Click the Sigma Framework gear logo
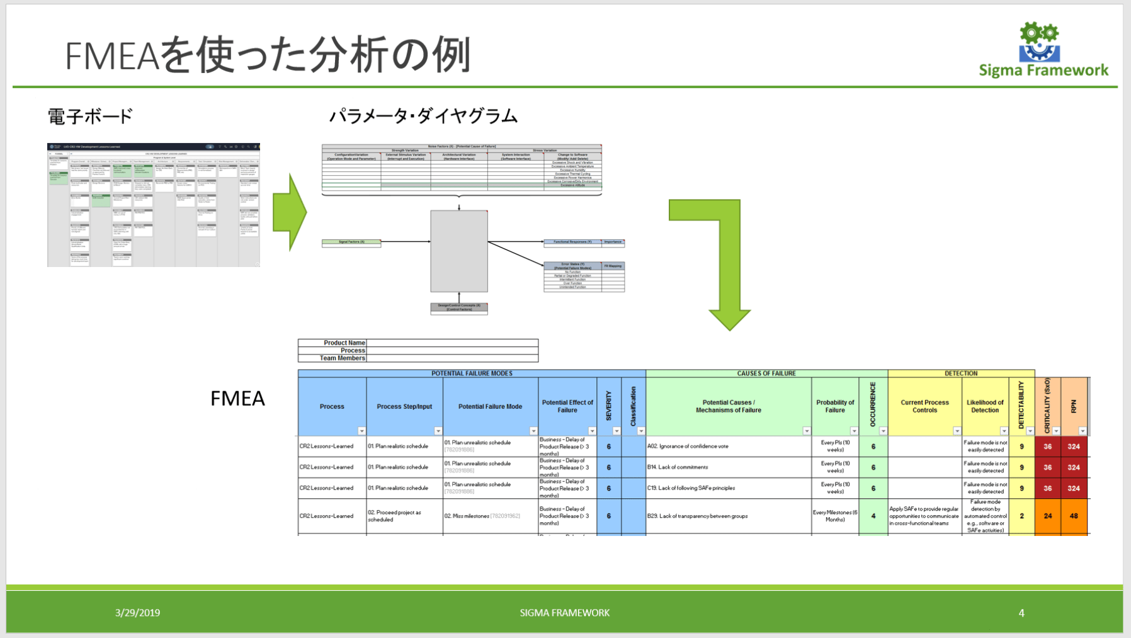tap(1039, 42)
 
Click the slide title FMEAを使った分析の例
tap(268, 55)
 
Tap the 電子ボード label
tap(90, 117)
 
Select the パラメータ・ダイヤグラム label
tap(423, 117)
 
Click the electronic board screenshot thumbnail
tap(154, 205)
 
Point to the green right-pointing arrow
tap(289, 213)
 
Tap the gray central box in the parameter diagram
tap(459, 251)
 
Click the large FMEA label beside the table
tap(237, 398)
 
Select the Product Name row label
tap(344, 343)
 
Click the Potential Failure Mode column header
tap(490, 407)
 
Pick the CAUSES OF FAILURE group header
tap(766, 373)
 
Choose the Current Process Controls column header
tap(924, 406)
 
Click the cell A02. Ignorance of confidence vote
tap(688, 447)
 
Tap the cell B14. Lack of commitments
tap(678, 467)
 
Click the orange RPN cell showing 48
tap(1074, 516)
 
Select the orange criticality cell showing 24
tap(1048, 516)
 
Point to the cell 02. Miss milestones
tap(482, 516)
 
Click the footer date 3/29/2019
tap(137, 613)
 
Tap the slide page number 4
tap(1021, 613)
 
